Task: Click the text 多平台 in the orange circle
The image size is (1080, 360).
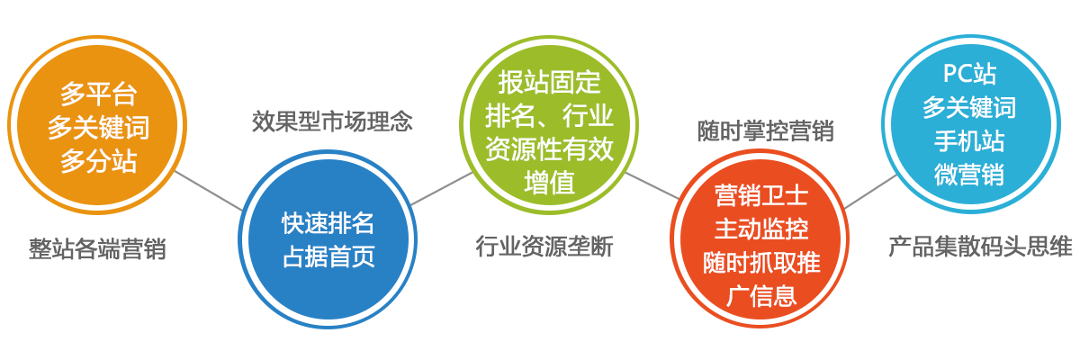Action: [98, 94]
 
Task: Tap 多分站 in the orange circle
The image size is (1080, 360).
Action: [98, 161]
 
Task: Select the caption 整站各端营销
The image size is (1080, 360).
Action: [97, 249]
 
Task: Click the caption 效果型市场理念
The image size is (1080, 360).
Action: [332, 121]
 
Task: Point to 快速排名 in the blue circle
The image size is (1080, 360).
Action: [328, 223]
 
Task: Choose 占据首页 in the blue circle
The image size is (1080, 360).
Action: [328, 256]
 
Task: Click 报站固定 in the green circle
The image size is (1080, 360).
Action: [549, 83]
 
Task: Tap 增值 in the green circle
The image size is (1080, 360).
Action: [549, 183]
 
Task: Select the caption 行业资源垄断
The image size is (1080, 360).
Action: [544, 247]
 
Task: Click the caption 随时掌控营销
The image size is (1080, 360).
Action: [766, 130]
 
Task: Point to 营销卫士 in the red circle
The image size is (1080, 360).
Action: [761, 195]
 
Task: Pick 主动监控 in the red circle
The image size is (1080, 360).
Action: [761, 229]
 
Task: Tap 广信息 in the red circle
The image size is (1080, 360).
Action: [761, 296]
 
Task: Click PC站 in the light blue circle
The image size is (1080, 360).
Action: [969, 74]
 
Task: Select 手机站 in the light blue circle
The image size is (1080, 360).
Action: [969, 141]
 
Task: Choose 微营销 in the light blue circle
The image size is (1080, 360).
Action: [969, 175]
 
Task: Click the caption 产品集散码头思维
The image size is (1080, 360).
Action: [981, 247]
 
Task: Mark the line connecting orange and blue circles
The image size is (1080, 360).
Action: [209, 191]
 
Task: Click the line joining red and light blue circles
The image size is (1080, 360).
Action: [870, 192]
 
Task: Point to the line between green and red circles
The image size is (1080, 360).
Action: [652, 185]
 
